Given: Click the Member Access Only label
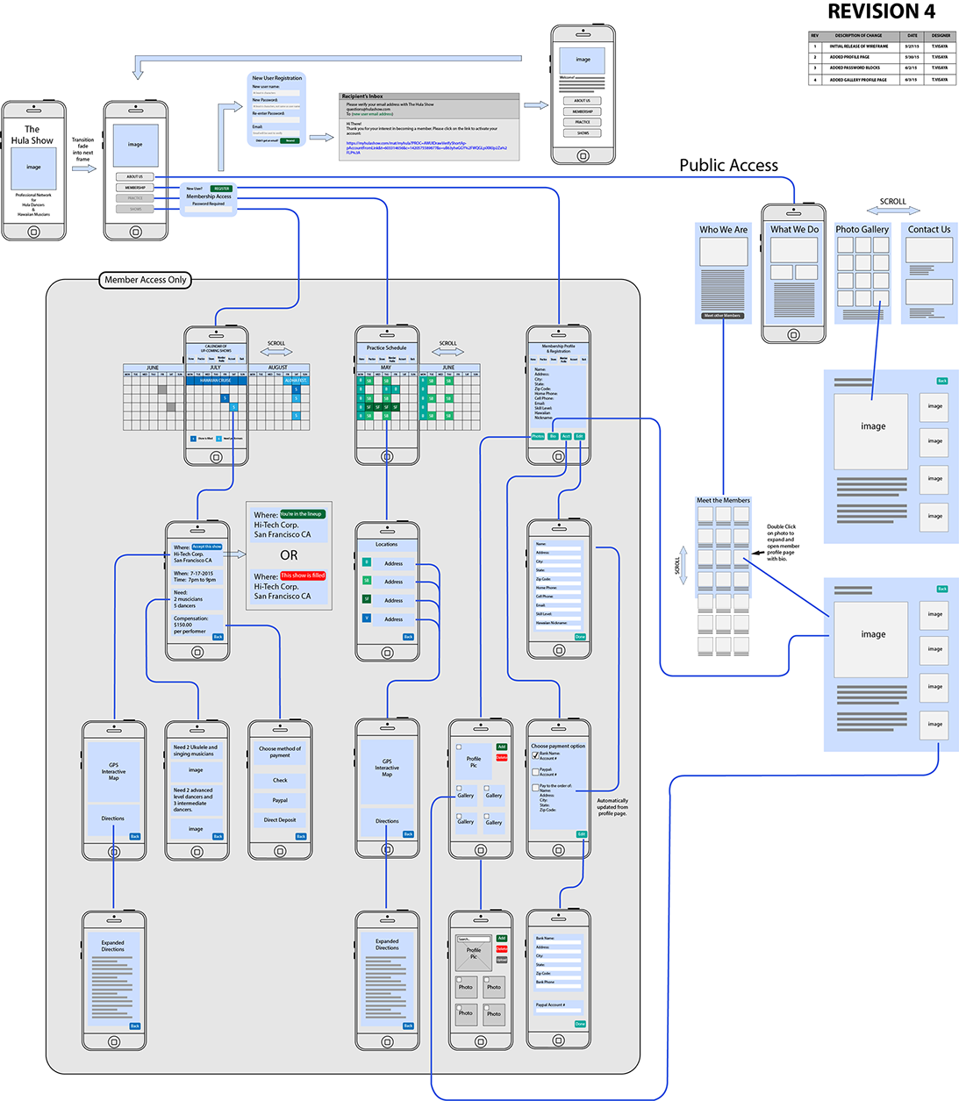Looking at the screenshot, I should pos(146,280).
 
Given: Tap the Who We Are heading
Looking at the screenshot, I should pos(723,230).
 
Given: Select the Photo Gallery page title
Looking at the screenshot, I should pos(862,230).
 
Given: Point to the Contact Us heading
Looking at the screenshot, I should pos(928,230).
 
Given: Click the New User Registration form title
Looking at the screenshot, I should pos(276,78).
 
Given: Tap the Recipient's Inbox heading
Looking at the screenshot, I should pos(362,97).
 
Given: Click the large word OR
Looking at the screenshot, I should pos(289,555).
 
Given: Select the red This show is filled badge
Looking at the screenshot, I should pos(303,576).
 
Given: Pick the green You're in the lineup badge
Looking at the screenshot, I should pos(302,514).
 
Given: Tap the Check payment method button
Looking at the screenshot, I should pos(280,780).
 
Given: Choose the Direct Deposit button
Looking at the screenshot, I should pos(280,820).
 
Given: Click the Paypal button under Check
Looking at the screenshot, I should pos(280,800).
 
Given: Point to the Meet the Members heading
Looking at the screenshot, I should pos(723,501).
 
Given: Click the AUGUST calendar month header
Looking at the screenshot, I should pos(277,368).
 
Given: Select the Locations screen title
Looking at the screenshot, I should pos(386,545).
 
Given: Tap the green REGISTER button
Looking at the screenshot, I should pos(221,189).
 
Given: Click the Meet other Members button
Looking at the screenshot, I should pos(722,316).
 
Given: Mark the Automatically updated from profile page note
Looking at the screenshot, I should pos(612,806).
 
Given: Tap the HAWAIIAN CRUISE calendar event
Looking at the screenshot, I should pos(215,381).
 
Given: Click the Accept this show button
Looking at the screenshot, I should pos(207,547).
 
